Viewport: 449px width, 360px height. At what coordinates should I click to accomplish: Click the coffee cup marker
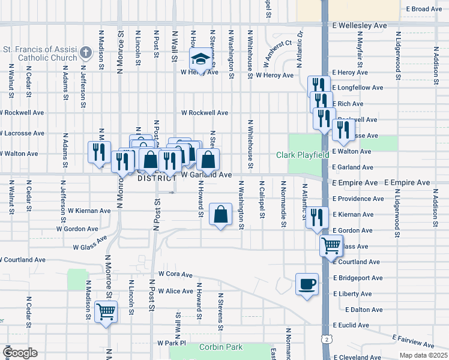[x=307, y=284]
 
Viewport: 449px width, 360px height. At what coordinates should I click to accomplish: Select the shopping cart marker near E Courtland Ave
[x=331, y=245]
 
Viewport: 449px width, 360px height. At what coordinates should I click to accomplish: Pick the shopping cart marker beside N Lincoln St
[x=106, y=313]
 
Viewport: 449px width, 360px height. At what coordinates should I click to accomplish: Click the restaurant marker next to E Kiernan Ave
[x=317, y=217]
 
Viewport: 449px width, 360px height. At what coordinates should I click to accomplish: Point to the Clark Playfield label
[x=303, y=155]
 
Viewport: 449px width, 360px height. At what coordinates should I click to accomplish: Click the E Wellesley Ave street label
[x=360, y=26]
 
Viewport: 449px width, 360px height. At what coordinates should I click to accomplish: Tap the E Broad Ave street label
[x=424, y=9]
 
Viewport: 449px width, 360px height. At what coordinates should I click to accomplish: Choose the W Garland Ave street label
[x=206, y=175]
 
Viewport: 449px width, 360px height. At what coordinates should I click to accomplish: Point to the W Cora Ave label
[x=175, y=274]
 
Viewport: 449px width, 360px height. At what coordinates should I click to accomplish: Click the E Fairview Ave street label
[x=413, y=341]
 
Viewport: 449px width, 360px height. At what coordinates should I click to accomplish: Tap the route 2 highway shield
[x=325, y=340]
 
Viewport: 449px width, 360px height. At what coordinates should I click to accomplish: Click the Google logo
[x=20, y=353]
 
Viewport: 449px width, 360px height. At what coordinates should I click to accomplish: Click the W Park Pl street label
[x=172, y=343]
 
